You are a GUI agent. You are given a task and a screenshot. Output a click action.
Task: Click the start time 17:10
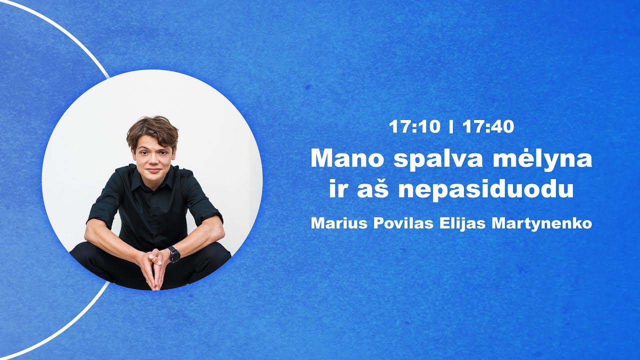point(414,127)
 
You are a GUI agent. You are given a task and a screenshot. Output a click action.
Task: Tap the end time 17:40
point(488,127)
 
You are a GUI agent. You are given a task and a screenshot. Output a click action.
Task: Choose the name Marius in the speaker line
point(338,223)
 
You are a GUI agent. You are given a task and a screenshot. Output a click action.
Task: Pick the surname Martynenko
point(542,224)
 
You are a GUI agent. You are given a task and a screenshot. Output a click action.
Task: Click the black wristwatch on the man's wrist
point(173,254)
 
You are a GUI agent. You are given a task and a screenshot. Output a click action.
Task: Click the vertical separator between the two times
point(451,127)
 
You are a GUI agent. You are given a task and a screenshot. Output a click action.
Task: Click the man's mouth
point(153,170)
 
